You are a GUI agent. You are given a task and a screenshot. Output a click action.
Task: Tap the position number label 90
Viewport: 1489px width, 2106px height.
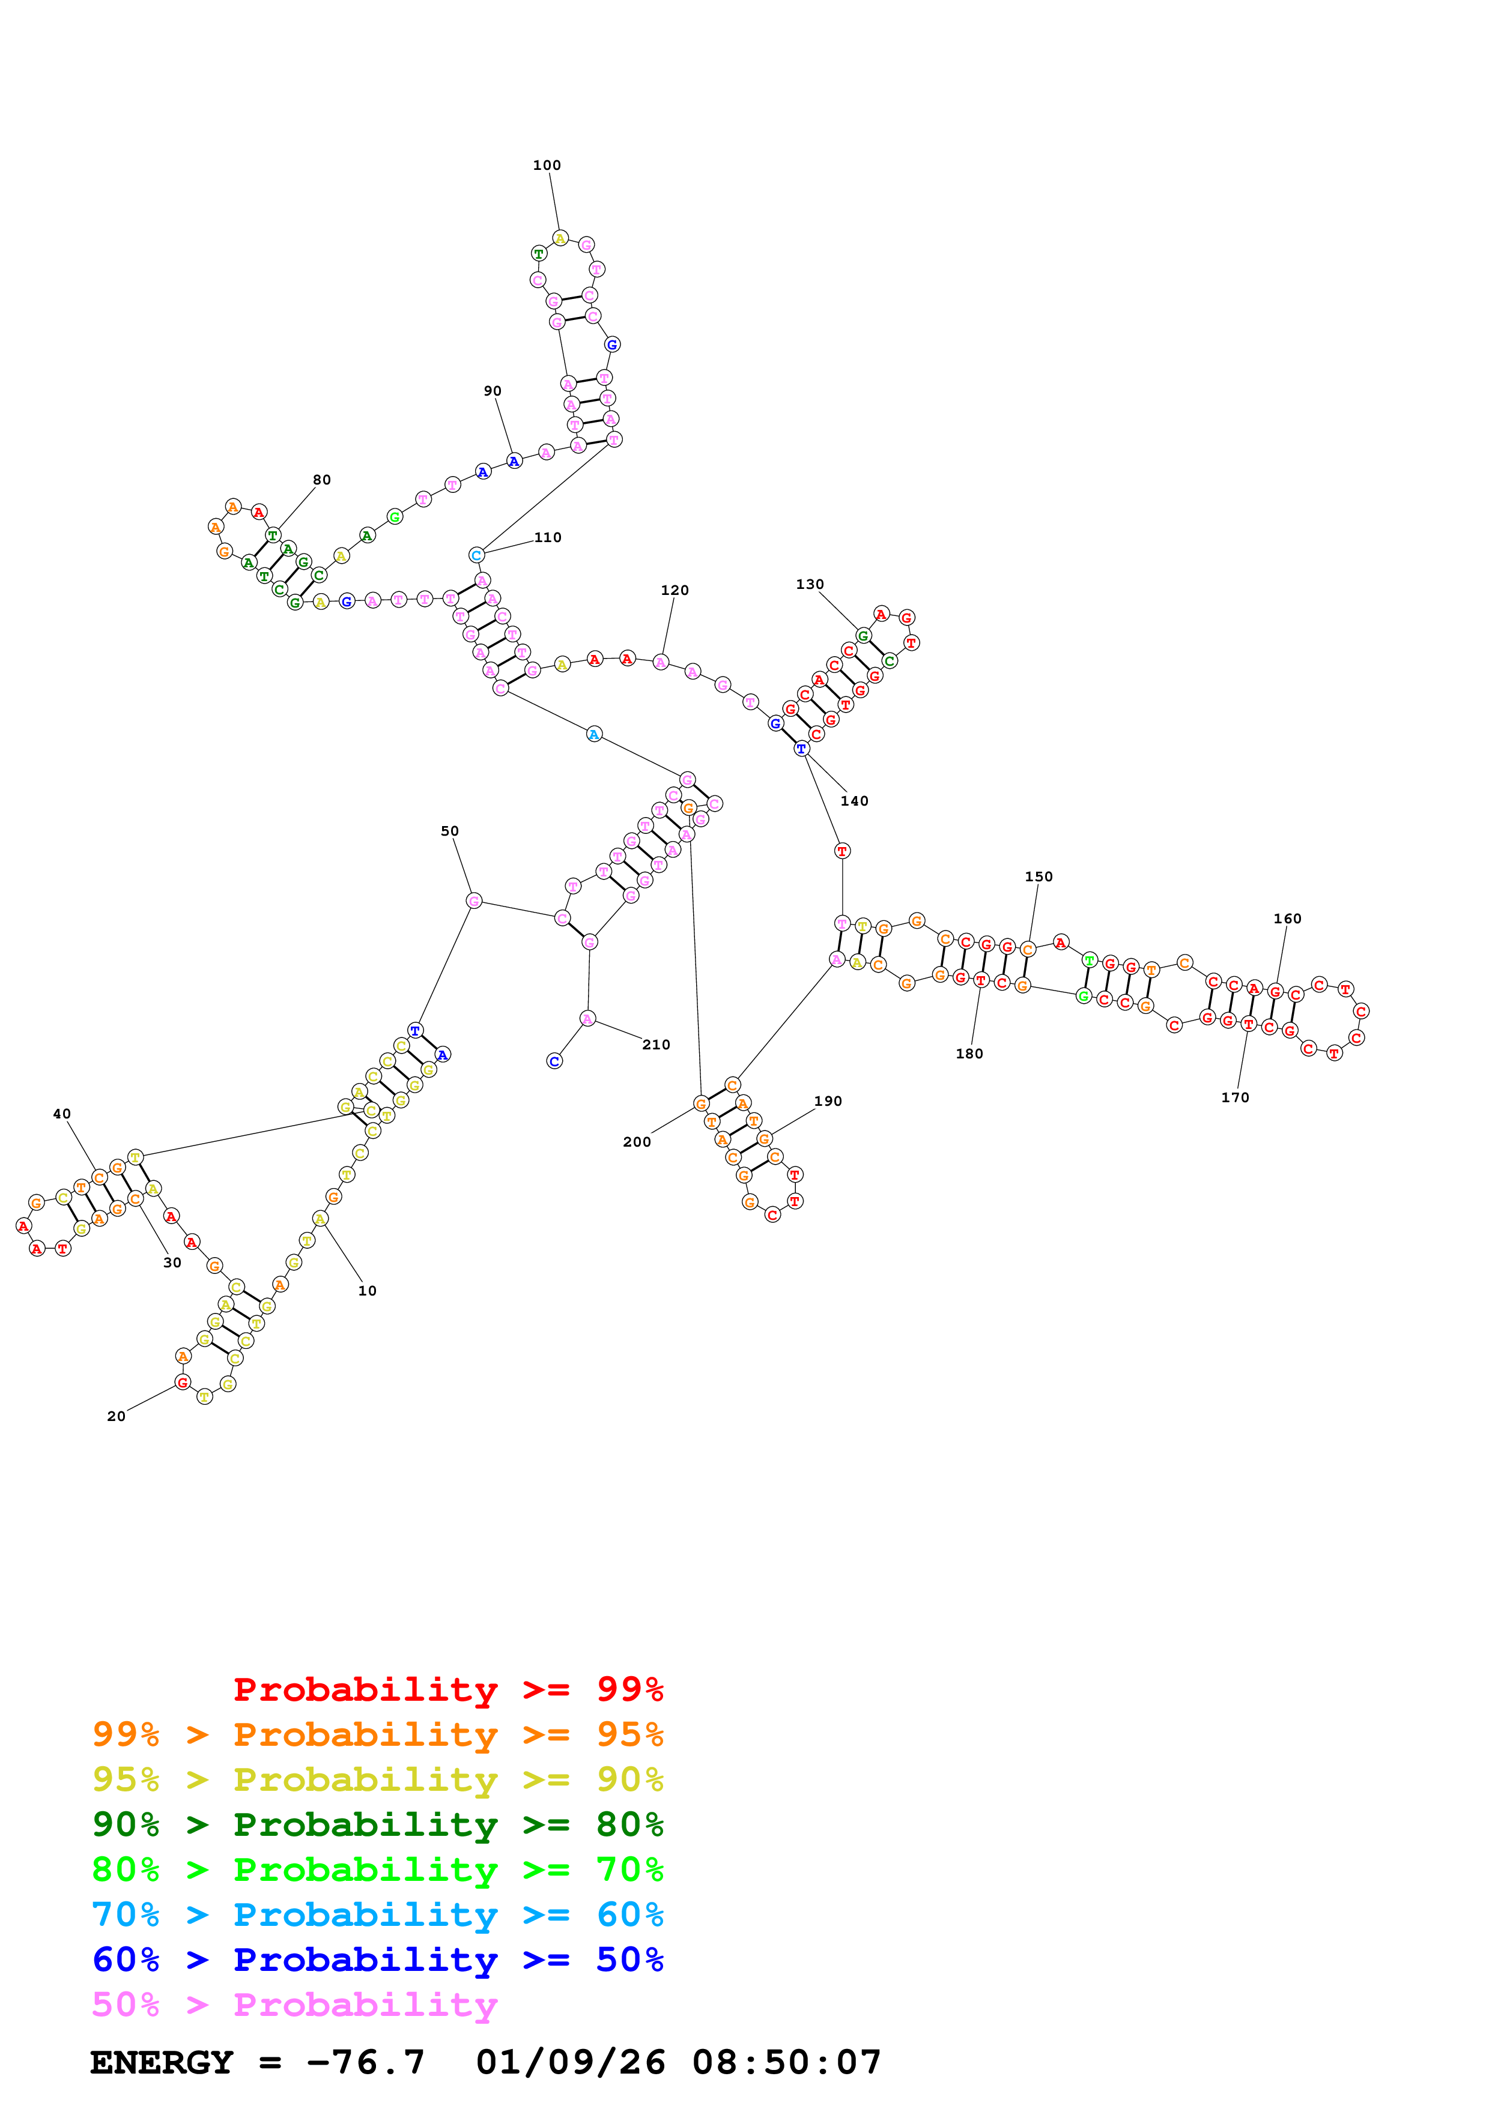(x=493, y=391)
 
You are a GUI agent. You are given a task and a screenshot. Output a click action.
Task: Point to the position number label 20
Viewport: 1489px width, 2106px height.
(x=117, y=1416)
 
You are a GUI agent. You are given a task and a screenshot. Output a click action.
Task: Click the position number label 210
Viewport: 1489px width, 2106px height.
(x=656, y=1045)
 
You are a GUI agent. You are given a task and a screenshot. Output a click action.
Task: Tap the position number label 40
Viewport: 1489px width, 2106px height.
(x=61, y=1114)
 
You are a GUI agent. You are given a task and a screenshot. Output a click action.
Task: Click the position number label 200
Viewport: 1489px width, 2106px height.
(x=637, y=1142)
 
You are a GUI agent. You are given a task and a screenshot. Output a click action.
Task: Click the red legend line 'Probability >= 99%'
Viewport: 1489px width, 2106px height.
(x=449, y=1689)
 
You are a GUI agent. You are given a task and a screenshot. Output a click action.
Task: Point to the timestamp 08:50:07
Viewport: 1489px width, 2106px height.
(x=786, y=2062)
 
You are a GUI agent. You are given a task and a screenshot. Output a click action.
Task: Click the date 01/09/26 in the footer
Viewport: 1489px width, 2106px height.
(x=571, y=2062)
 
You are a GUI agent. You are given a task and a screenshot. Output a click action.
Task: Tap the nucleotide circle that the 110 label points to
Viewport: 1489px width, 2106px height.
(x=476, y=555)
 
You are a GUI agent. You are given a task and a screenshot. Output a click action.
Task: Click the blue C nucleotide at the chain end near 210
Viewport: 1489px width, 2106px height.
(x=554, y=1061)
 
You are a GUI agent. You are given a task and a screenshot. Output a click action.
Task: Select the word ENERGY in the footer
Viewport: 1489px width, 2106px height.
(x=162, y=2062)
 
